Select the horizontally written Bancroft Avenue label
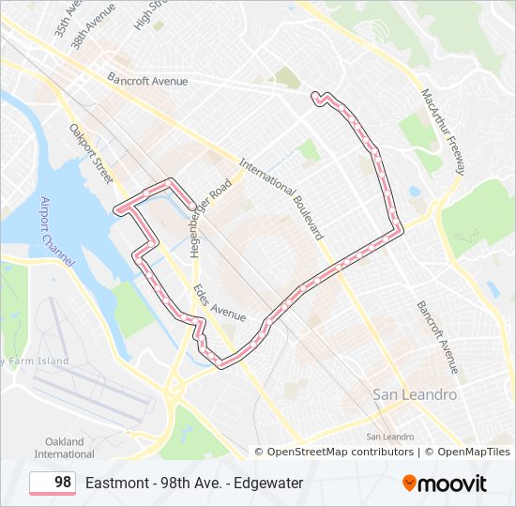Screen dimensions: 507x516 [147, 81]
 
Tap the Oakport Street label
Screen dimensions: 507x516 [91, 152]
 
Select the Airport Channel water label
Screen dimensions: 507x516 [57, 229]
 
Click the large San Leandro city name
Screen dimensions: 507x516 [415, 395]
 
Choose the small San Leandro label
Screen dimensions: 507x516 [390, 437]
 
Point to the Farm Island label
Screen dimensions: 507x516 [38, 361]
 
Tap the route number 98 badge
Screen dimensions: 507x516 [53, 483]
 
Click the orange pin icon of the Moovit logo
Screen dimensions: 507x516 [410, 483]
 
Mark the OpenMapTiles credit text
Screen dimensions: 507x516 [473, 452]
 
